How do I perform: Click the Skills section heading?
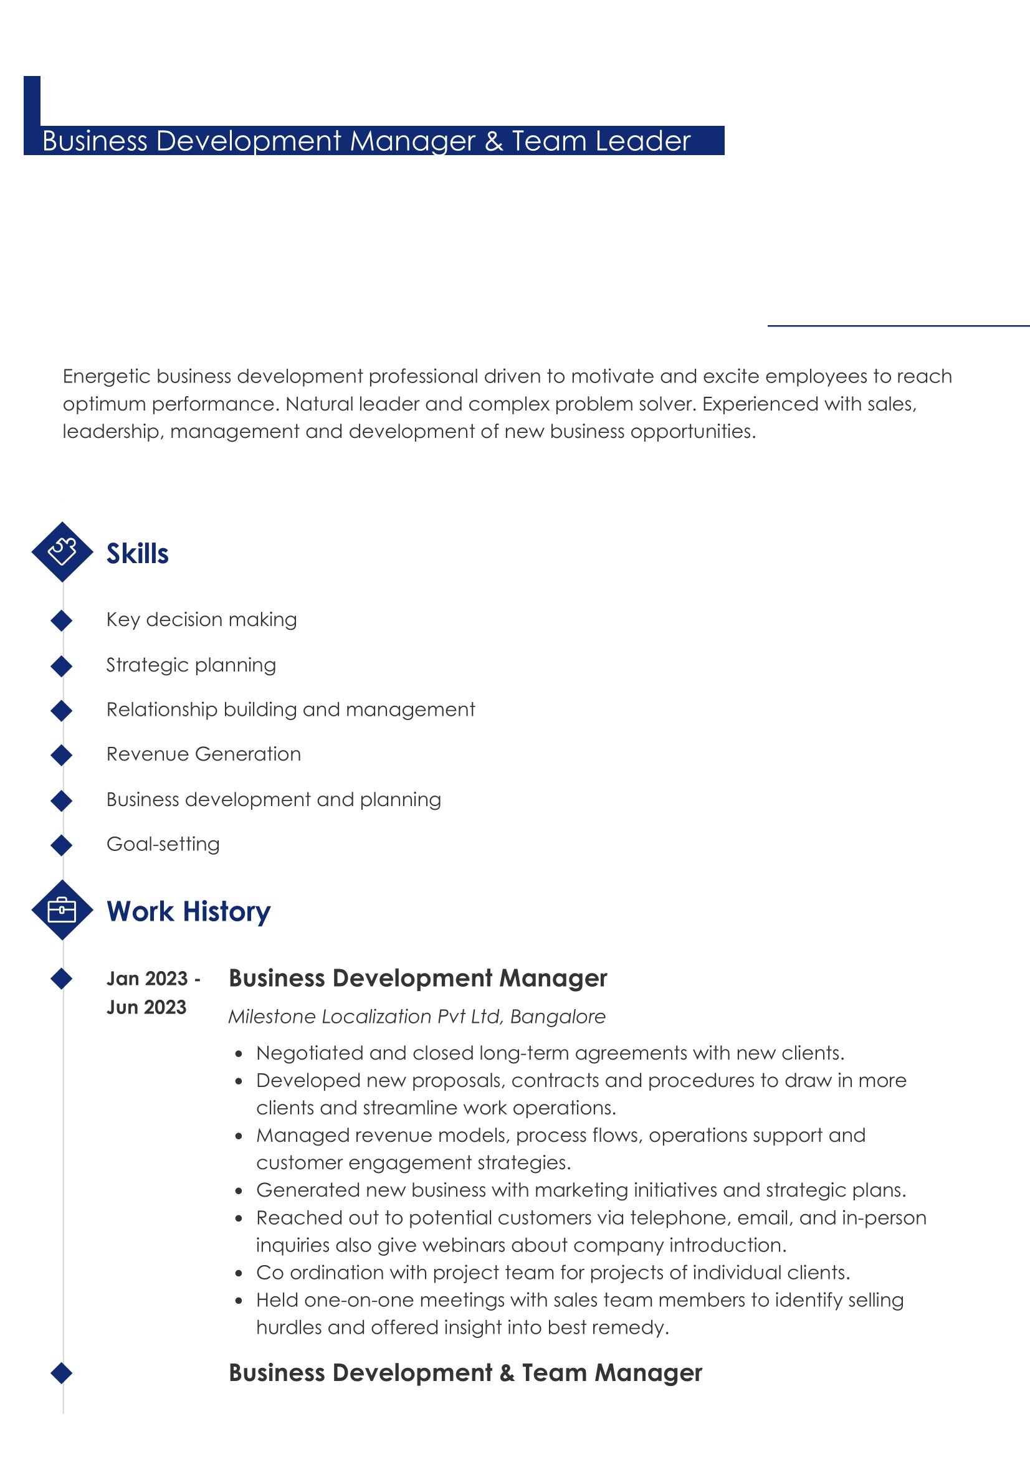coord(137,553)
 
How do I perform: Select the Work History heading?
coord(188,911)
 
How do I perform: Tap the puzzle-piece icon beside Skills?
coord(62,551)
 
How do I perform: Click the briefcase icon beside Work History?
coord(62,910)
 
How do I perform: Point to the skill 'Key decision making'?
coord(201,619)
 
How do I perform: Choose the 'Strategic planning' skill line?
coord(191,665)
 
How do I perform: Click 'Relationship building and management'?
coord(290,710)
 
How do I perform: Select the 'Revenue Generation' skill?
coord(203,754)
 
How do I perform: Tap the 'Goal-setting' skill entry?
coord(163,844)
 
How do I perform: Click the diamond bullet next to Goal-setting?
coord(62,845)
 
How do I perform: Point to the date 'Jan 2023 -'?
coord(153,979)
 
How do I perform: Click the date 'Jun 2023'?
coord(146,1007)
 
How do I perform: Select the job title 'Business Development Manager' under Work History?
coord(417,979)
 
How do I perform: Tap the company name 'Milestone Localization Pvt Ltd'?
coord(366,1017)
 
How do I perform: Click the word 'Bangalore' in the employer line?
coord(558,1017)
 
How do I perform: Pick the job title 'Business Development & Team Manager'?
coord(465,1373)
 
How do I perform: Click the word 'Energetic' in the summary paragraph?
coord(106,376)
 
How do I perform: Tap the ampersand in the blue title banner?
coord(494,141)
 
